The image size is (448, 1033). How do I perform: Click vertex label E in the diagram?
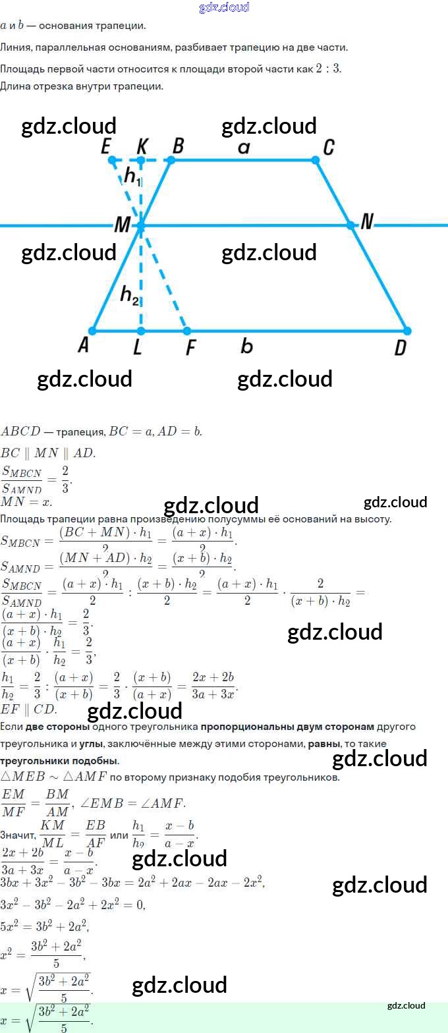(x=105, y=146)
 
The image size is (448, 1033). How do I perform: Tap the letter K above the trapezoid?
(x=141, y=146)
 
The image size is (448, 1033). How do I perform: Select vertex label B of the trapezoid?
(x=177, y=146)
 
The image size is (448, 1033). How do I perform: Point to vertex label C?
(x=327, y=146)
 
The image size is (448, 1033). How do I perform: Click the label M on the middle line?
(x=123, y=225)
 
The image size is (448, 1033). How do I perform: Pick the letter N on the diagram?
(x=367, y=223)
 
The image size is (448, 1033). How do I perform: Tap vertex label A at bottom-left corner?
(x=83, y=345)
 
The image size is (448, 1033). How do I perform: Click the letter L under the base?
(x=137, y=347)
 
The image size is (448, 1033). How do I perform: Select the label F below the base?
(x=190, y=347)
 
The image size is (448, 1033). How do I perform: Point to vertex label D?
(x=400, y=347)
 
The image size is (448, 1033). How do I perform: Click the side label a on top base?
(x=244, y=148)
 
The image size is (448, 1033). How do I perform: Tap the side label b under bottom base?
(x=246, y=346)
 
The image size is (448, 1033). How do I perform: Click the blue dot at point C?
(x=316, y=160)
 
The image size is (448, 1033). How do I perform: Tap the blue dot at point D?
(x=406, y=331)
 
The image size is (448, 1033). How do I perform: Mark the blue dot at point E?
(x=112, y=160)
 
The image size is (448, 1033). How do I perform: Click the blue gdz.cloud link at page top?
(x=224, y=7)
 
